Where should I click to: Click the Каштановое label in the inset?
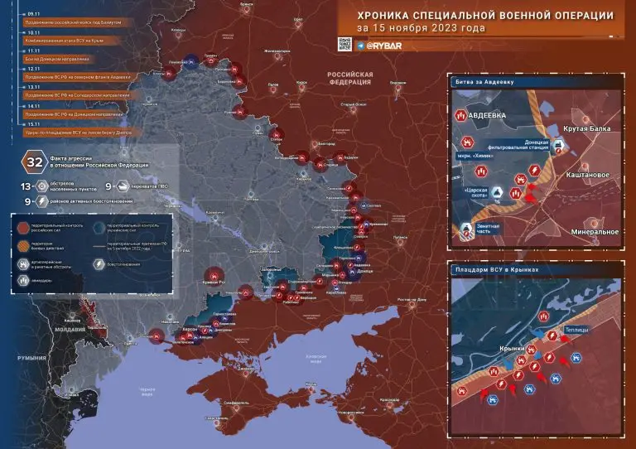point(589,175)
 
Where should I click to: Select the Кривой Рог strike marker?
point(214,275)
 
